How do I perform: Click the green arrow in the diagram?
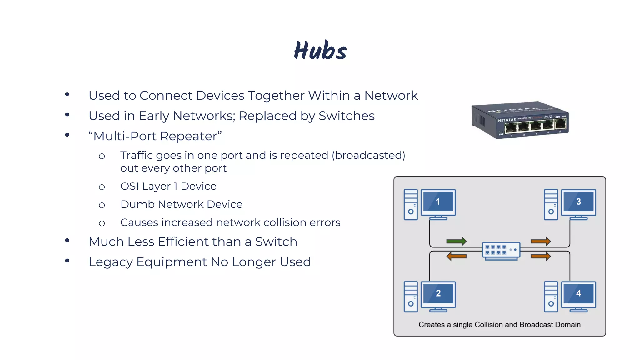tap(456, 241)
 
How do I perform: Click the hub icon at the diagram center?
tap(501, 250)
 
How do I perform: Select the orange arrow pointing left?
tap(456, 257)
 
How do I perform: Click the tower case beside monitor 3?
tap(551, 204)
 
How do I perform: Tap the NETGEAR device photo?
tap(520, 120)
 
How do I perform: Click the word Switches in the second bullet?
tap(346, 116)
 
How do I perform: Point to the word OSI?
tap(129, 186)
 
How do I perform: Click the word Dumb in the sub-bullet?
tap(137, 204)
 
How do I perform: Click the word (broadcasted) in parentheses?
tap(368, 155)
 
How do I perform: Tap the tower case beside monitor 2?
tap(411, 297)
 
